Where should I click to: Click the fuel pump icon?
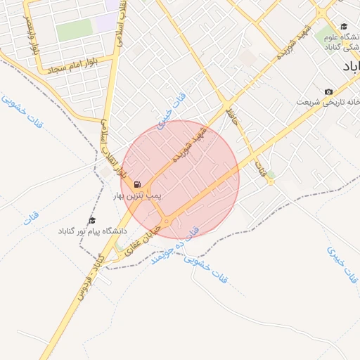tap(137, 184)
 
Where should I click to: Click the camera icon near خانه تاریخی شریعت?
tap(328, 92)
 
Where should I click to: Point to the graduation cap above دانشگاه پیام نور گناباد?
tap(91, 221)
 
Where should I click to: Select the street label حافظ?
tap(234, 118)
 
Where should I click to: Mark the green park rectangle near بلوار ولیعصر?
tap(75, 30)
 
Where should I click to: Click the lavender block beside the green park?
tap(106, 21)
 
